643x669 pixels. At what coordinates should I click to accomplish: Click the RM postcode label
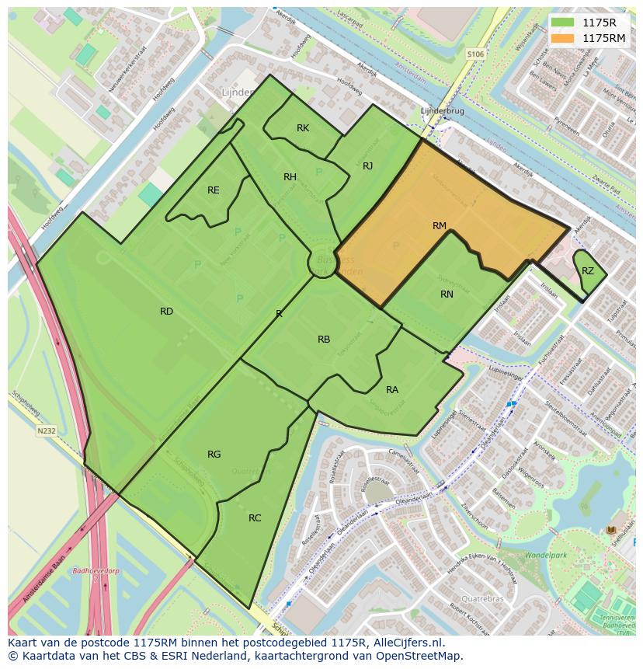(x=440, y=226)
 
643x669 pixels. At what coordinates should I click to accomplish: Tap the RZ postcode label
(x=588, y=271)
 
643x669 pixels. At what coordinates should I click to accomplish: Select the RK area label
(x=303, y=128)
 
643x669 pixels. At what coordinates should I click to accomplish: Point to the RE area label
(x=214, y=190)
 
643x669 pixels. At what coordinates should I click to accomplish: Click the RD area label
(x=166, y=312)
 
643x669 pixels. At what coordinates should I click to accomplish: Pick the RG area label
(x=214, y=455)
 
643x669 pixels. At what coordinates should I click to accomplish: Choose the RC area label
(x=255, y=518)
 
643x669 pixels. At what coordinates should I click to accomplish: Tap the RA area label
(x=392, y=390)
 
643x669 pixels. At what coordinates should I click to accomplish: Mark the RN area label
(x=447, y=294)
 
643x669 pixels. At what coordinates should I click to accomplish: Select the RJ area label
(x=368, y=166)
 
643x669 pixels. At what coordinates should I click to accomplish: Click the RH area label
(x=290, y=177)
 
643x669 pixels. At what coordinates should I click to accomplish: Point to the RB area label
(x=324, y=340)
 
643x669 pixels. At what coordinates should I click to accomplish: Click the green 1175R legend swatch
(x=563, y=23)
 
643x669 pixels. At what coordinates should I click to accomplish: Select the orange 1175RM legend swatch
(x=563, y=38)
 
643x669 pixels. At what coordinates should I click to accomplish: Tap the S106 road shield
(x=475, y=54)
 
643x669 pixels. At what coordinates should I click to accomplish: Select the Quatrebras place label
(x=482, y=599)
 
